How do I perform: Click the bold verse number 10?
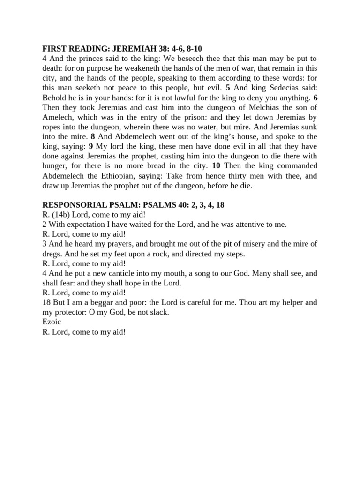(216, 166)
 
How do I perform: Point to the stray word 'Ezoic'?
(52, 322)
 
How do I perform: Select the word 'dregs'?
(53, 254)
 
